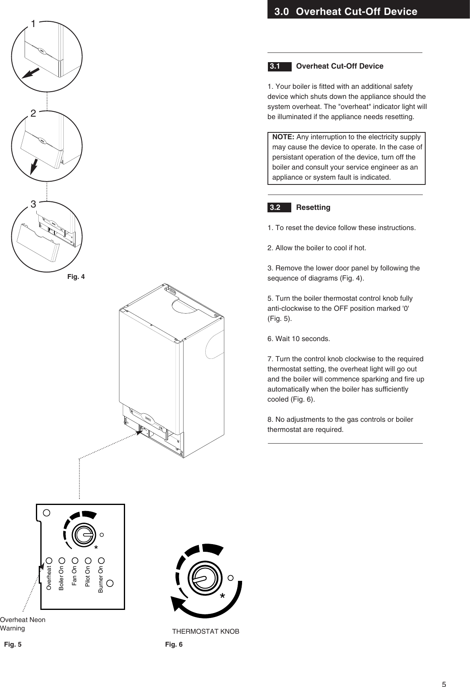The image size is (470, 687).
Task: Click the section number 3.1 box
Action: coord(279,66)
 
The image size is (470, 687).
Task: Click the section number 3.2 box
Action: coord(279,207)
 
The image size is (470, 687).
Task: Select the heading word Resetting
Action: coord(313,207)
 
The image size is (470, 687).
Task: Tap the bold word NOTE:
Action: coord(284,137)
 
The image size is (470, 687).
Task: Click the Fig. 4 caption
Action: coord(76,277)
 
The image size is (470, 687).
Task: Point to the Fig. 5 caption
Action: coord(13,644)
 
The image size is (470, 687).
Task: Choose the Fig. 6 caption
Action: coord(174,644)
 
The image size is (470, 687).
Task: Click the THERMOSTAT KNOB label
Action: coord(206,631)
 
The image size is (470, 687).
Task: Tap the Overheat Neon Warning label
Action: coord(23,624)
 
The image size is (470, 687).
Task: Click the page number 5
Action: coord(444,673)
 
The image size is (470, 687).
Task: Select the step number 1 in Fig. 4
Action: coord(33,24)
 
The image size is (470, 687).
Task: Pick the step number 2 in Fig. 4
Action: coord(33,114)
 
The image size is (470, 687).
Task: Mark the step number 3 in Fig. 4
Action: coord(33,205)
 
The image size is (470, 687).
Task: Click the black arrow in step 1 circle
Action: coord(30,73)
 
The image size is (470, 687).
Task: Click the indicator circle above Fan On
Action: coord(75,560)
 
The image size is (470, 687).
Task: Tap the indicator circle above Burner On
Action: coord(102,560)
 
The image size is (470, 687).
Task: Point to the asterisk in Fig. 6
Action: coord(222,596)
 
